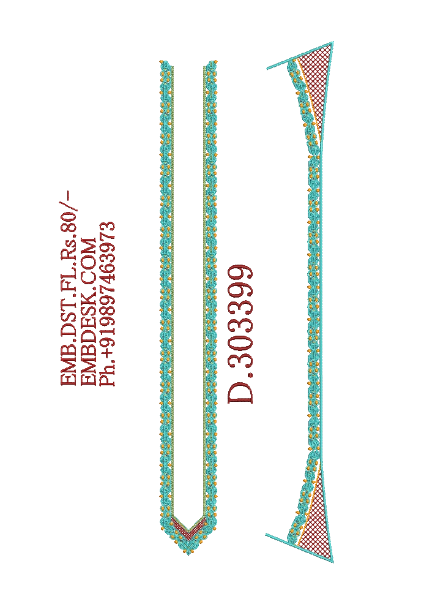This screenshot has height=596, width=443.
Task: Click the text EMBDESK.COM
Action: (89, 312)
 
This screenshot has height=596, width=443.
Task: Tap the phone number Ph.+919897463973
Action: (106, 303)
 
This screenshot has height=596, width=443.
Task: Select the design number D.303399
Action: (240, 334)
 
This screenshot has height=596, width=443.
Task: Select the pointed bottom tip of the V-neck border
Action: (188, 555)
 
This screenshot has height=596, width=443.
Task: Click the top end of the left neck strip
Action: (165, 62)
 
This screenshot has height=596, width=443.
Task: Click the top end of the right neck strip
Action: (210, 62)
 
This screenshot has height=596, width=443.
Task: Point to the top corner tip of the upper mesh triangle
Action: (332, 42)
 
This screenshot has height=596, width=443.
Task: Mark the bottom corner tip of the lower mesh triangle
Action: (332, 561)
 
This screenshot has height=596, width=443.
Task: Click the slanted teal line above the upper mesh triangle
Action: (300, 55)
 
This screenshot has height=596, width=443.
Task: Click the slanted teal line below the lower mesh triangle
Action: (299, 548)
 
